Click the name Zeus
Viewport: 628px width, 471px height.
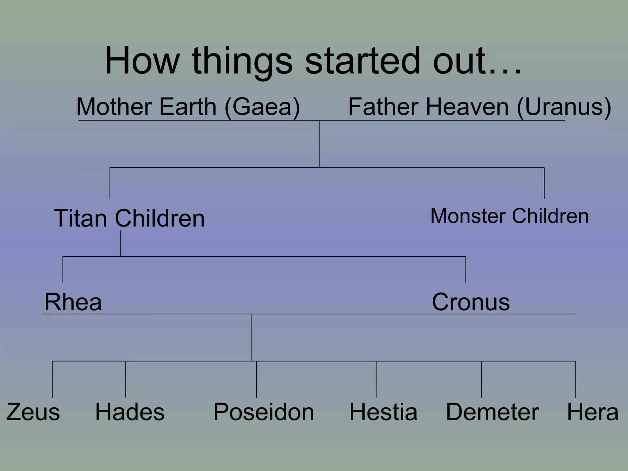pos(33,412)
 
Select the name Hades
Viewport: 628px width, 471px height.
pos(130,412)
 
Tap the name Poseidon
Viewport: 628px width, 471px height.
pos(264,412)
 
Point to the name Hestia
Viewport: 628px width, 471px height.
pos(383,412)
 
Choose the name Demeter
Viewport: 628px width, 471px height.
pos(492,412)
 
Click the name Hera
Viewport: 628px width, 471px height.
pos(592,412)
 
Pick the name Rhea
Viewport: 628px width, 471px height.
pos(73,302)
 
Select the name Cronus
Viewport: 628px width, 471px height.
pos(471,302)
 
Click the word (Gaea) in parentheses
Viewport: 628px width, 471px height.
pos(262,107)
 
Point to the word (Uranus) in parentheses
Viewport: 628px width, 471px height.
pos(564,107)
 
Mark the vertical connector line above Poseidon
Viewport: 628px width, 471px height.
pos(256,379)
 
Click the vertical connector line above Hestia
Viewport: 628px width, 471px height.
pos(377,379)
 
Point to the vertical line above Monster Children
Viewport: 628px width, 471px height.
pos(544,183)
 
